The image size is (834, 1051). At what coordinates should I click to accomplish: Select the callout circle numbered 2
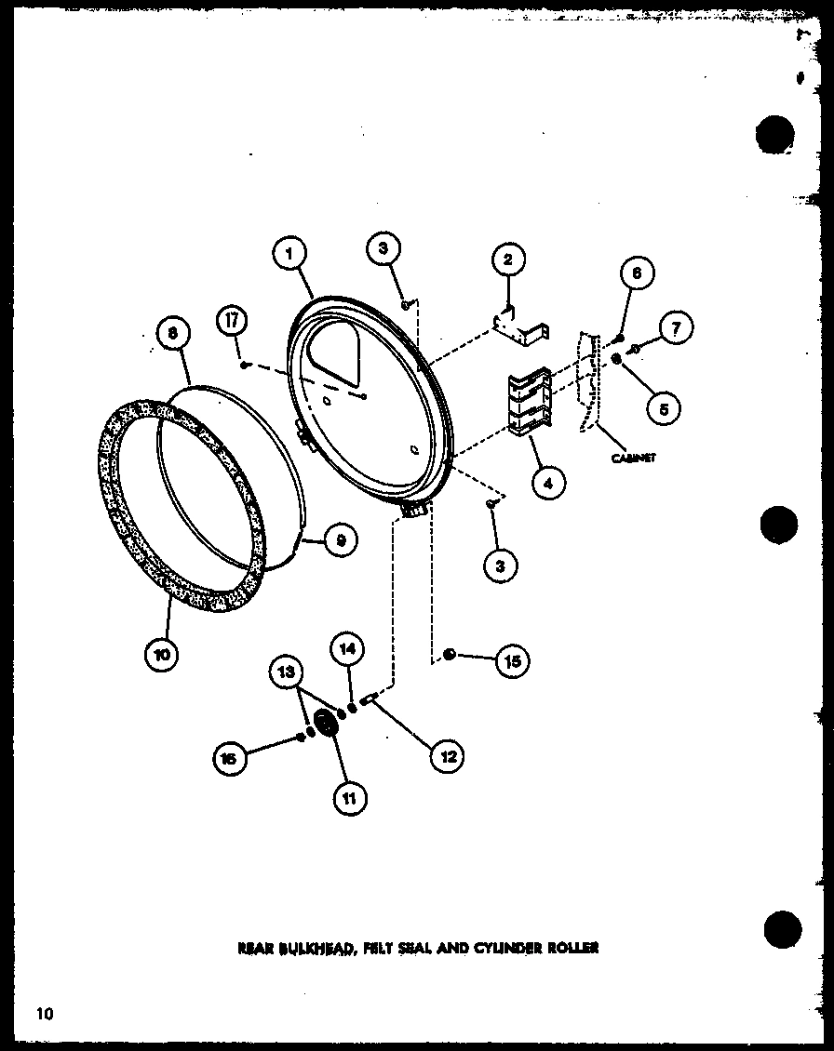(x=508, y=260)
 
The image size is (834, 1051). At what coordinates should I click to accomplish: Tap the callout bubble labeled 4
(x=549, y=483)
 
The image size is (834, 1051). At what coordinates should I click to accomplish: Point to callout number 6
(x=637, y=274)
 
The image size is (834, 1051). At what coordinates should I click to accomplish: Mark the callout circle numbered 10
(x=163, y=654)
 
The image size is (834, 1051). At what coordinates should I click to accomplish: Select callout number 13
(x=287, y=670)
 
